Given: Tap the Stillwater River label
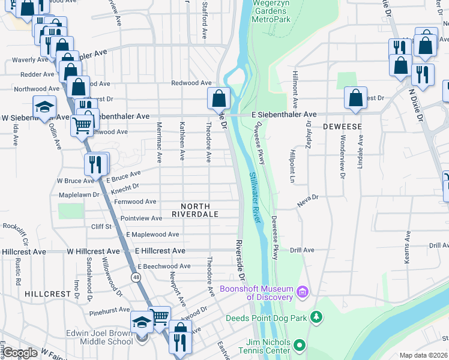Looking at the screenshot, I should coord(255,198).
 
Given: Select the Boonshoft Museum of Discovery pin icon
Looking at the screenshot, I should coord(303,293).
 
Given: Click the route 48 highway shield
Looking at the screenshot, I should coord(136,276).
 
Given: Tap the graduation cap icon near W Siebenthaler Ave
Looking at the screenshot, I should coord(44,107).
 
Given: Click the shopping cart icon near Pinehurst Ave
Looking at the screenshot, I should coord(160,316).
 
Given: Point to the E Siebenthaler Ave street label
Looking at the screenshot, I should coord(285,114).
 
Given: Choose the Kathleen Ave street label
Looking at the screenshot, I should coord(182,142).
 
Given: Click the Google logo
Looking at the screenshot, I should coord(20,353).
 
